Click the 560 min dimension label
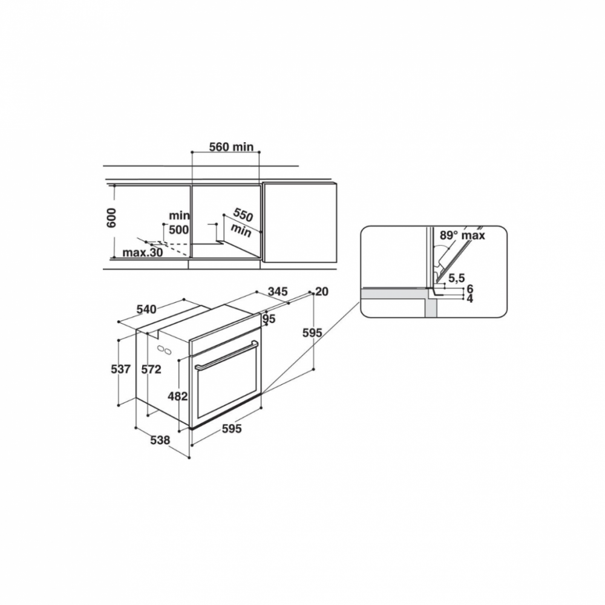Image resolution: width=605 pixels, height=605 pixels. pos(231,146)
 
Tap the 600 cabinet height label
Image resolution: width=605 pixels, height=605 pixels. pos(111,218)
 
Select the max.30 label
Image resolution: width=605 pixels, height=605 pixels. pos(142,253)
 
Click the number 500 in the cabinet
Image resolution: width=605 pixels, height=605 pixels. pos(179,229)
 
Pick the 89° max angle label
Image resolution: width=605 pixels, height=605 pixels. pos(462,235)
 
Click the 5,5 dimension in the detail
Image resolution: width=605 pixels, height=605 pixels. pos(456,278)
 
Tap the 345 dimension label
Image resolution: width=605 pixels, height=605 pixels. pos(278,292)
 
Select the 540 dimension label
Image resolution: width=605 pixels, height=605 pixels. pos(146,309)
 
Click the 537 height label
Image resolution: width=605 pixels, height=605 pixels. pos(121,369)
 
